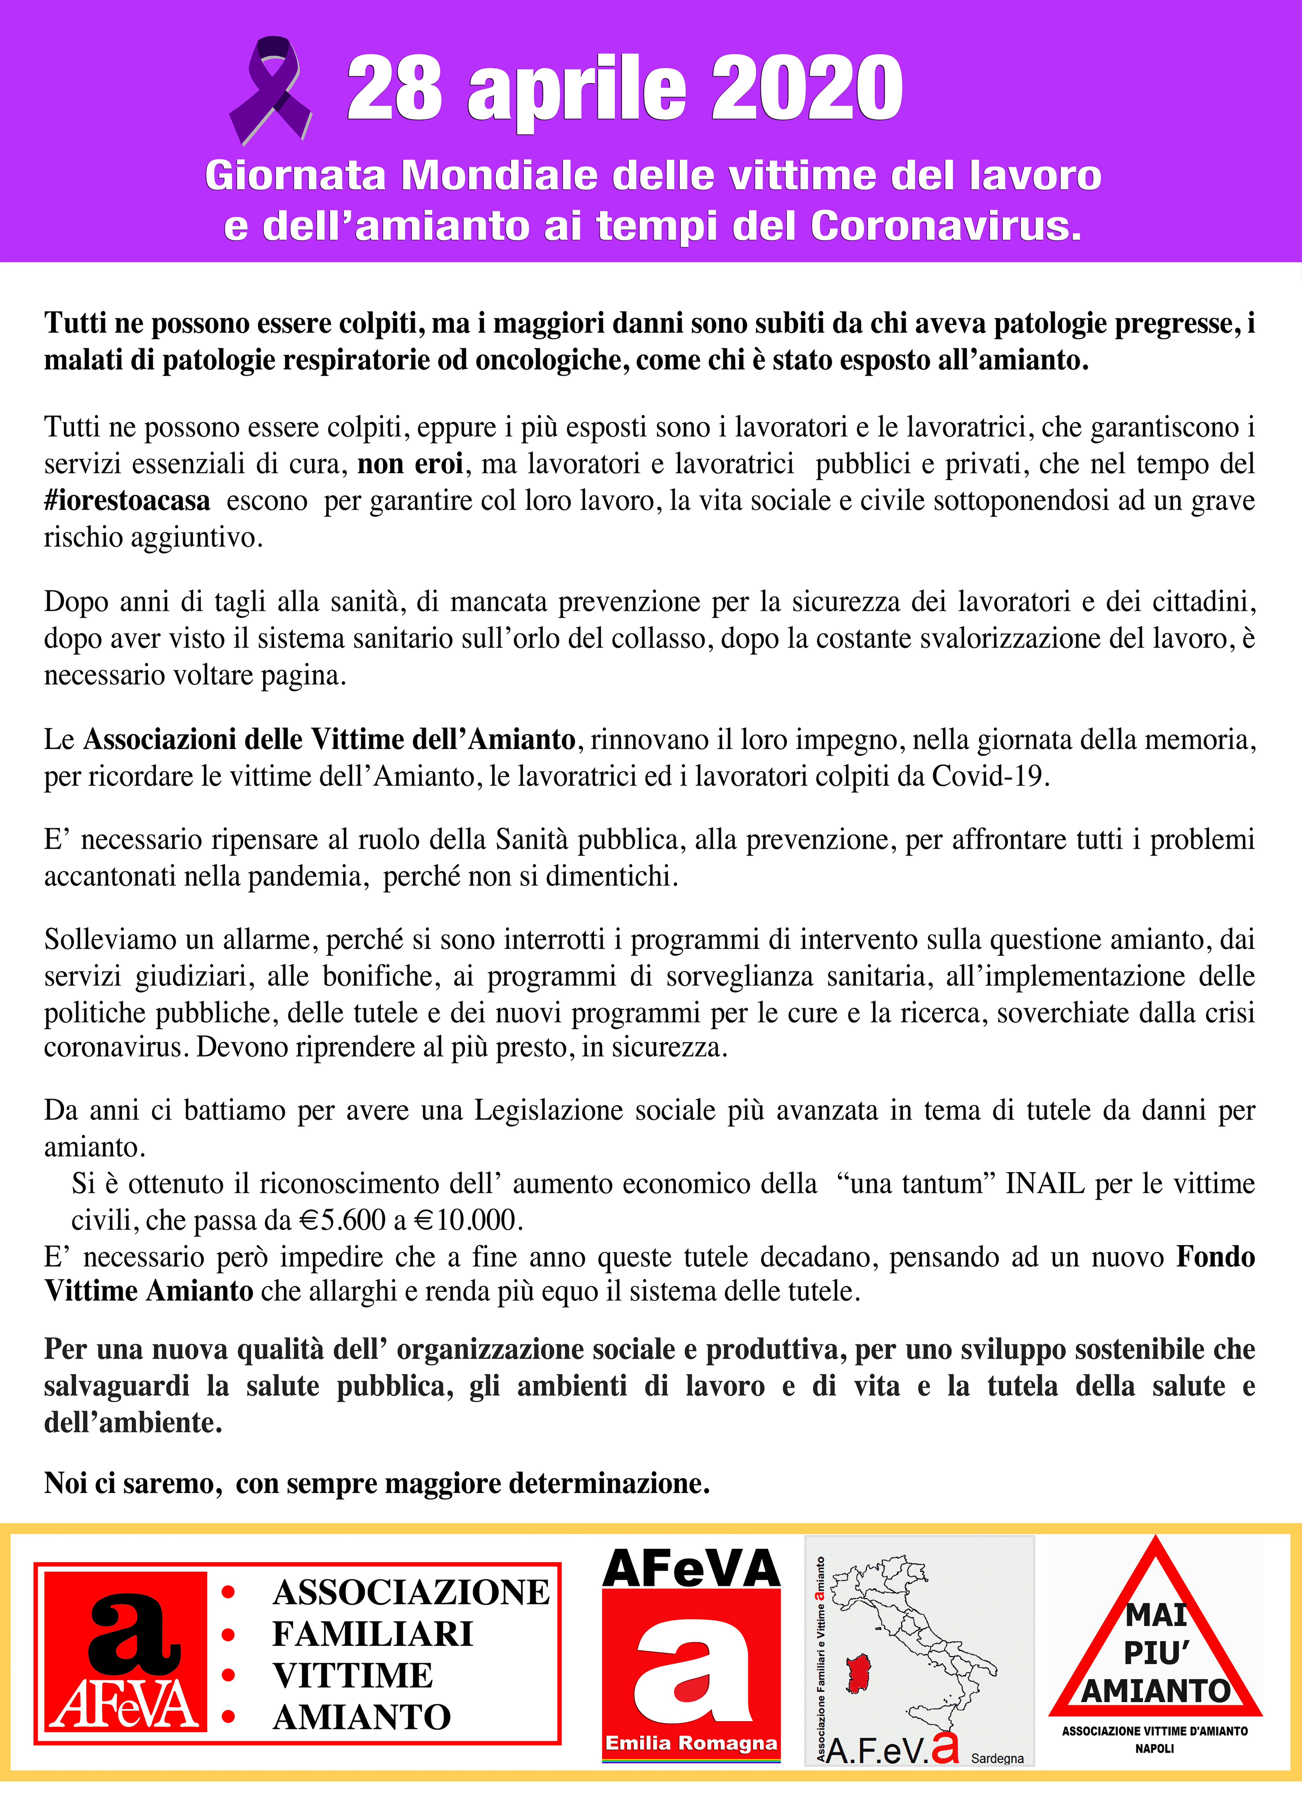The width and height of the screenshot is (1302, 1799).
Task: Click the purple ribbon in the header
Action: coord(270,90)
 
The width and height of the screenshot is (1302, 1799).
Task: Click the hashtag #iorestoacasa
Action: coord(127,500)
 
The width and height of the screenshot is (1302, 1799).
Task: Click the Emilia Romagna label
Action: coord(691,1743)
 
